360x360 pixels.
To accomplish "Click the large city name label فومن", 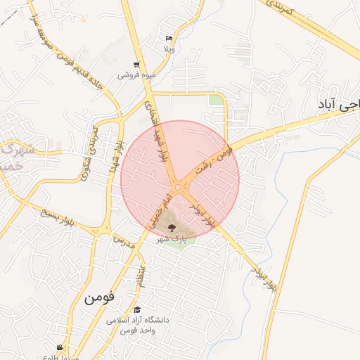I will tap(98, 297).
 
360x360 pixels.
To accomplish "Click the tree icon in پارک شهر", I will tap(172, 226).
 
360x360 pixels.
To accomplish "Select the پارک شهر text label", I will tap(172, 239).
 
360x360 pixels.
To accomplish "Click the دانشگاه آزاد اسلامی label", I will tap(138, 320).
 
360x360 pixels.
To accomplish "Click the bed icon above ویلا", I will tap(168, 39).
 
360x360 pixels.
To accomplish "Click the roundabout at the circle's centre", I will tap(179, 186).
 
